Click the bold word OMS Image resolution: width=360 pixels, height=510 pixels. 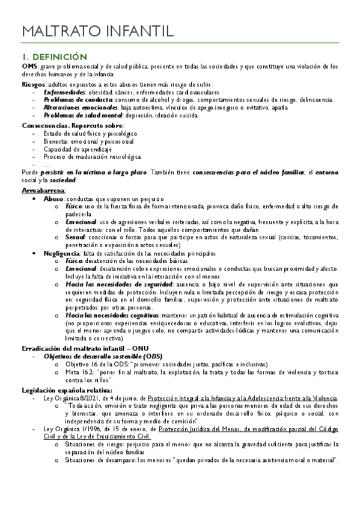point(29,66)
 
